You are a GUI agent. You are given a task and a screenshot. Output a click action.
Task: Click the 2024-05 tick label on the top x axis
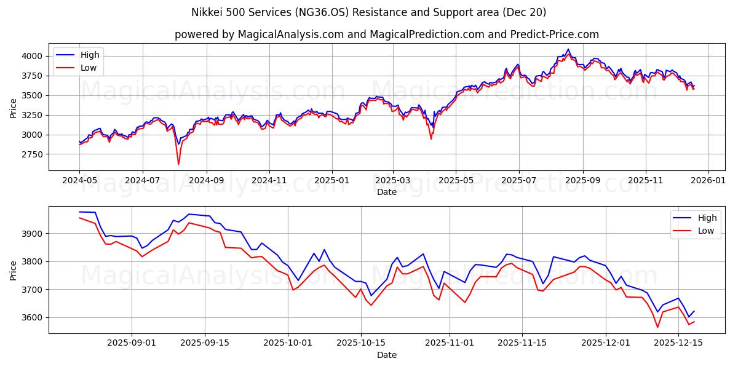coord(79,181)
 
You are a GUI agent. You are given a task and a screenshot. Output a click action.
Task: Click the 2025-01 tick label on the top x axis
coord(332,181)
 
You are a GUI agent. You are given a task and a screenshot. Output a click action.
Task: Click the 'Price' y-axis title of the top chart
coord(14,108)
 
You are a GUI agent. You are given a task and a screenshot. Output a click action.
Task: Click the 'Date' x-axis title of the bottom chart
coord(386,355)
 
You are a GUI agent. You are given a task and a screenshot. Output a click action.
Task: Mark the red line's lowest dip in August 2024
coord(178,164)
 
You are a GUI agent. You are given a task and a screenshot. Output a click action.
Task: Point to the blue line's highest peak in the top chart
coord(568,49)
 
